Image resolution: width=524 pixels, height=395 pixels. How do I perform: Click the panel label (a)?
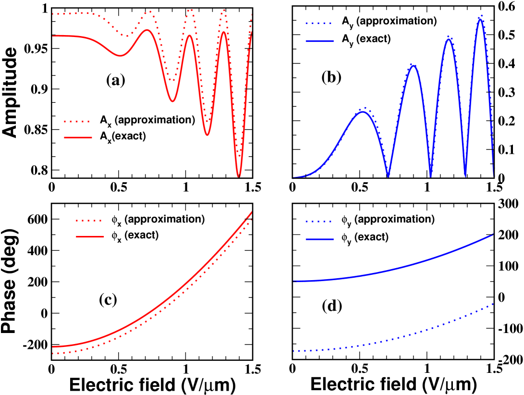coord(116,81)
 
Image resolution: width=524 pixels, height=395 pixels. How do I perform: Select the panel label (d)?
coord(331,306)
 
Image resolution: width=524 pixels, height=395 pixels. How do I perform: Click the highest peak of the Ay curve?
coord(479,18)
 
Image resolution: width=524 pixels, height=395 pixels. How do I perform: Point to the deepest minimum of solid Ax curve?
coord(238,177)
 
